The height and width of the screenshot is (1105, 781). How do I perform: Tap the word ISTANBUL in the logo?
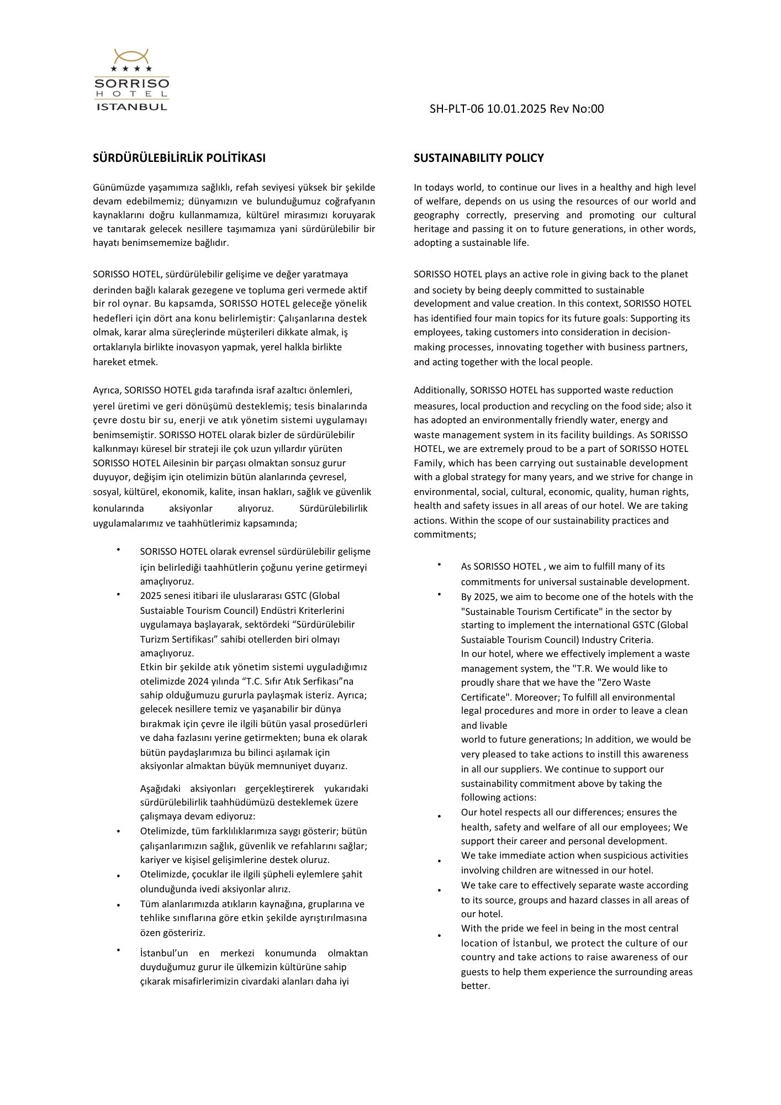pos(131,107)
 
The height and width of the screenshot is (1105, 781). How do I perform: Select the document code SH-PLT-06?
pos(456,109)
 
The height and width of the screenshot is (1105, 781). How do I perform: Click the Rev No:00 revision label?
pos(577,109)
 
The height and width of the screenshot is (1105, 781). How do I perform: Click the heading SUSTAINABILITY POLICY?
pos(478,158)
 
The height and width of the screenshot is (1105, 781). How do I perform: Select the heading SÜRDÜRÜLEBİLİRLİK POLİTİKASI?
pos(179,158)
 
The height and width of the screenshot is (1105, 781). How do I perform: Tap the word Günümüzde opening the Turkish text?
pos(115,187)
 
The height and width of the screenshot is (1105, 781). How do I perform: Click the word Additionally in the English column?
pos(440,390)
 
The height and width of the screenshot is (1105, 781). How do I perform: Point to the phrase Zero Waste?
pos(628,683)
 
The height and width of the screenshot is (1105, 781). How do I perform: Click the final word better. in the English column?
pos(476,986)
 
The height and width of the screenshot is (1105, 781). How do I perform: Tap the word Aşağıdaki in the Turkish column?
pos(161,788)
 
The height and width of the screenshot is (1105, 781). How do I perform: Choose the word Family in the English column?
pos(428,463)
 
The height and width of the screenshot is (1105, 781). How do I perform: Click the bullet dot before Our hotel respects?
pos(439,817)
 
